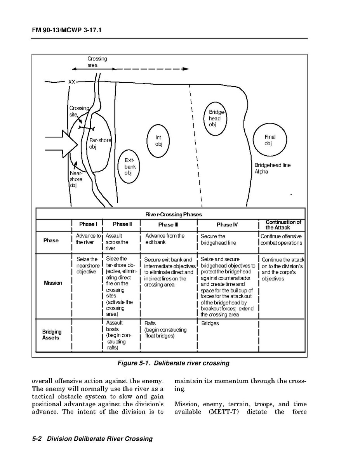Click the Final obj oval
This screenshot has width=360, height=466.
[270, 140]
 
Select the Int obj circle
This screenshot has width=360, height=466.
[158, 141]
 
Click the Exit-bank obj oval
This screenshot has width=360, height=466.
[128, 166]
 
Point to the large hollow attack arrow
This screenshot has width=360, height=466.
[62, 144]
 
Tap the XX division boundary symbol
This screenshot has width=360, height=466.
[72, 82]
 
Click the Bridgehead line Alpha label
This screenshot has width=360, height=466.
[272, 168]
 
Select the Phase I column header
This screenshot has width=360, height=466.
[88, 224]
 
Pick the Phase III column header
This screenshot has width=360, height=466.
[168, 225]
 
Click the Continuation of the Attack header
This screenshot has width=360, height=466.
[283, 225]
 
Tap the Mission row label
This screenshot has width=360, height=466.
[53, 283]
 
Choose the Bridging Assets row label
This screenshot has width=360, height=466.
[52, 335]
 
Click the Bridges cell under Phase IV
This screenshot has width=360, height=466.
[210, 323]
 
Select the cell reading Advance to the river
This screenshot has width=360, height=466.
[88, 239]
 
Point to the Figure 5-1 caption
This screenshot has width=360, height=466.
[173, 363]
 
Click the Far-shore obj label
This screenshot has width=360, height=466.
[99, 144]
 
